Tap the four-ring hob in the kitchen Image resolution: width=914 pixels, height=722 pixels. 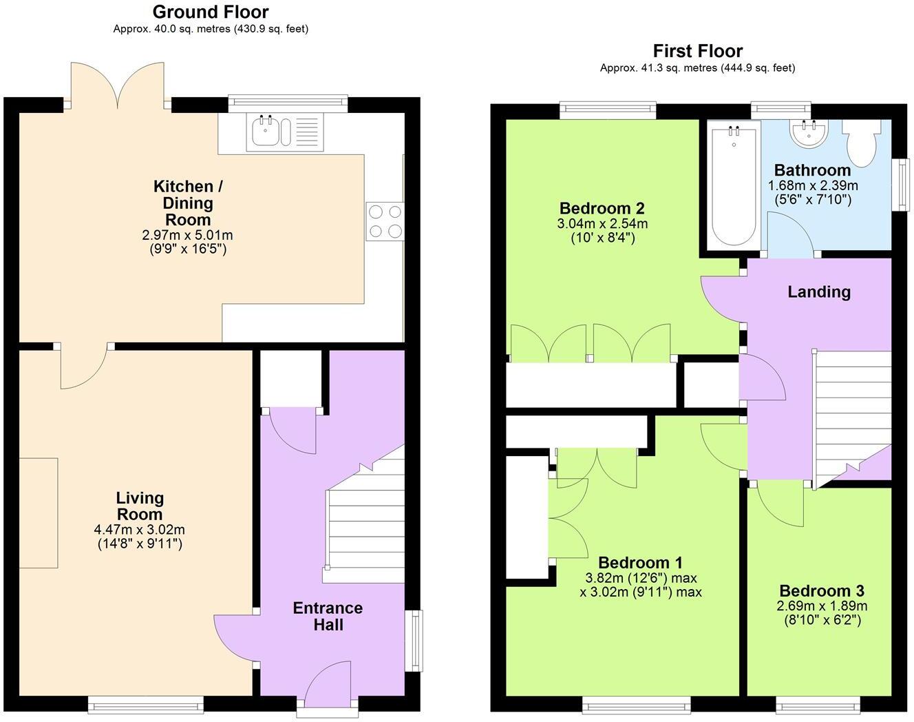(385, 221)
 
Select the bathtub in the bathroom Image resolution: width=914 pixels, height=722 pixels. (734, 183)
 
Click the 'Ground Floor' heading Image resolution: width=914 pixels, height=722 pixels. (211, 12)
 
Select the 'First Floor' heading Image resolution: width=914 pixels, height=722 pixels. (697, 51)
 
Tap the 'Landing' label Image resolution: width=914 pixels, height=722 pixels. (818, 292)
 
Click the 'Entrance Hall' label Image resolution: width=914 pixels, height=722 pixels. (328, 617)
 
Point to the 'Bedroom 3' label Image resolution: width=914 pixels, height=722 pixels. (821, 591)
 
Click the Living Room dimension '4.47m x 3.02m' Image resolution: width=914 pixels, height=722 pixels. (139, 530)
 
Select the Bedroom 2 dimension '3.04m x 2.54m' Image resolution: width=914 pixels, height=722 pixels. (602, 224)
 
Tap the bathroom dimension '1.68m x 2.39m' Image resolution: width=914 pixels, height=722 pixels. (813, 186)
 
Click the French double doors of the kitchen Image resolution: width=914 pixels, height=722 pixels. (118, 86)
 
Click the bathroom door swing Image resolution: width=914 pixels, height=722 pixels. (790, 234)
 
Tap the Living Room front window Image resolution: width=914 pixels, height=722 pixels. (146, 703)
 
